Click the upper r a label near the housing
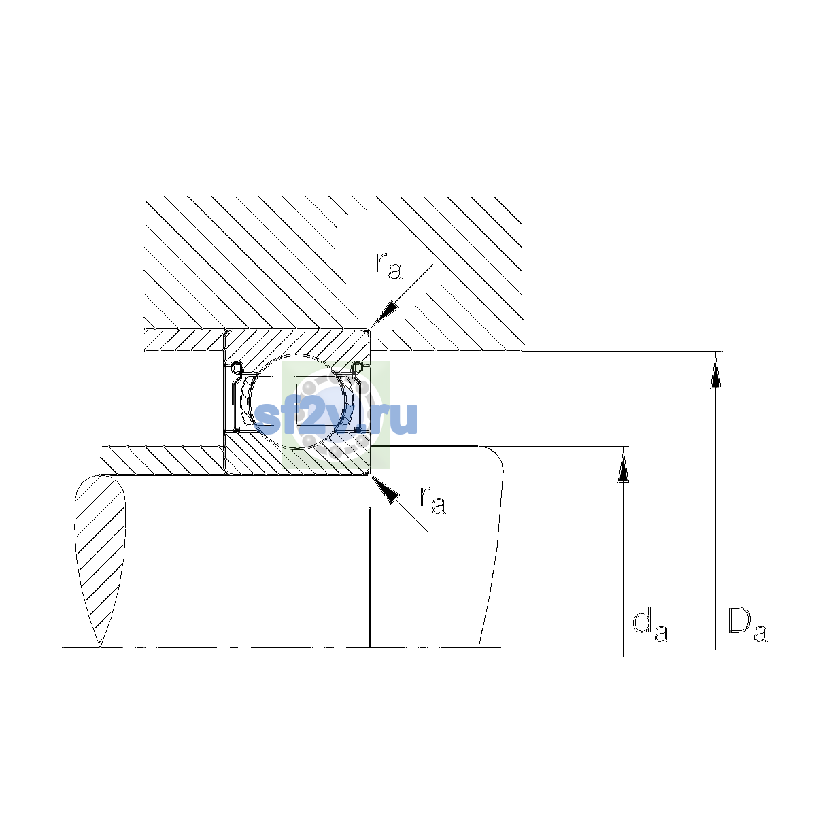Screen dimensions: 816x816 coord(389,266)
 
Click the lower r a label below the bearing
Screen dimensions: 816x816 coord(432,500)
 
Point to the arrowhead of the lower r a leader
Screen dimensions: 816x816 coord(384,489)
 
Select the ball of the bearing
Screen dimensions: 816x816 coord(298,401)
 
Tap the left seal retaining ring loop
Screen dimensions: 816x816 coord(236,367)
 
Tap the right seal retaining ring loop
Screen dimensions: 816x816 coord(358,367)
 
